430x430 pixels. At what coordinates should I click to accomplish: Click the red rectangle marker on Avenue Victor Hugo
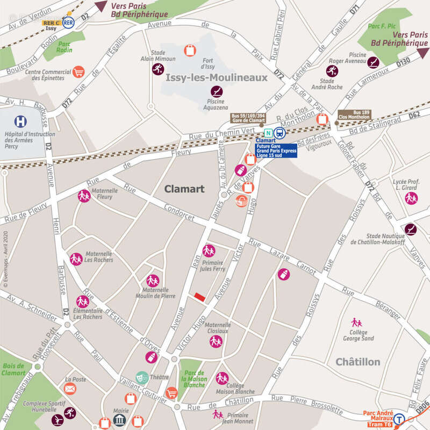[x=199, y=297]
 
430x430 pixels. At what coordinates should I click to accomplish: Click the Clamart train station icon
[x=279, y=133]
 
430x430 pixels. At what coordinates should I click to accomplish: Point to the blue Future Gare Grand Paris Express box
[x=276, y=150]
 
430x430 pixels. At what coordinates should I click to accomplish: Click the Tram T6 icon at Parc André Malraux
[x=399, y=419]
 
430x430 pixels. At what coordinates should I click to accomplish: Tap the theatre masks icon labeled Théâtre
[x=142, y=377]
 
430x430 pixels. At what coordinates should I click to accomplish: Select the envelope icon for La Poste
[x=70, y=388]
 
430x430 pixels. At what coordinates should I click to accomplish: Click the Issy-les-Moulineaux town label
[x=216, y=78]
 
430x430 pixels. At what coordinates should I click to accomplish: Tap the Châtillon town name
[x=358, y=362]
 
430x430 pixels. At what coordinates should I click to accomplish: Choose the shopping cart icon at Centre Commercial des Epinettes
[x=78, y=71]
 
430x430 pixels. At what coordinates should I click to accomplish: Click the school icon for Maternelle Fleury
[x=84, y=196]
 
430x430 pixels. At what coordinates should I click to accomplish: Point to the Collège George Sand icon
[x=356, y=322]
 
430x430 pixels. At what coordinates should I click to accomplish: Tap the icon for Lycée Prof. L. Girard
[x=411, y=198]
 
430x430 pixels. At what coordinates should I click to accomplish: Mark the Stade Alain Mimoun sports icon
[x=157, y=69]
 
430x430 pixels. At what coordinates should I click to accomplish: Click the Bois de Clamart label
[x=14, y=369]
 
